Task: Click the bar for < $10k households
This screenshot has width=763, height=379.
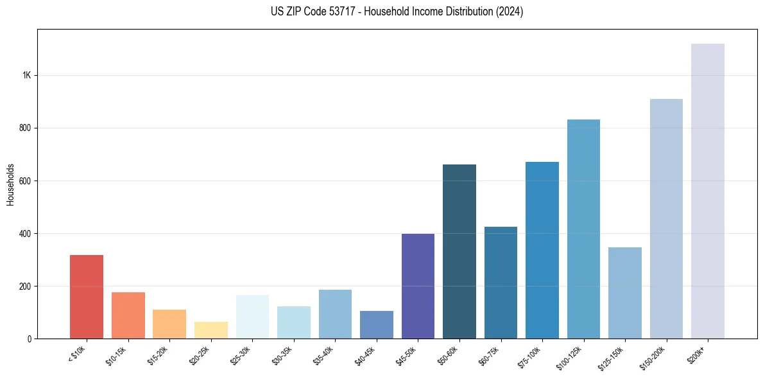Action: pos(87,297)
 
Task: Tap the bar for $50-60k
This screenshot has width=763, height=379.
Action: pos(459,251)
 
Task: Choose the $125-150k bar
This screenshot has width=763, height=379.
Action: pos(625,293)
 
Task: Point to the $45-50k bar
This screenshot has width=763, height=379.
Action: pos(418,286)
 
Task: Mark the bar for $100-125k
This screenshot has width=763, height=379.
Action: pos(583,229)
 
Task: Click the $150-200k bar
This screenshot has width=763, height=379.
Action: pos(666,218)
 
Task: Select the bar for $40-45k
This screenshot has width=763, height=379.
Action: pos(377,324)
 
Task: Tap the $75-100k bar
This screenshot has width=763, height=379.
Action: pos(542,250)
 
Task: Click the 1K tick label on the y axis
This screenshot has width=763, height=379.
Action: pos(26,75)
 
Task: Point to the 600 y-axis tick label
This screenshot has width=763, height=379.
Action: pos(25,181)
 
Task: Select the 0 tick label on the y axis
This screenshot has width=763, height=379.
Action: pos(30,339)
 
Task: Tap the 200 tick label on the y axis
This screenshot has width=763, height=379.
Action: pos(25,286)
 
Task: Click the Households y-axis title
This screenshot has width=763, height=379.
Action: pos(10,184)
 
